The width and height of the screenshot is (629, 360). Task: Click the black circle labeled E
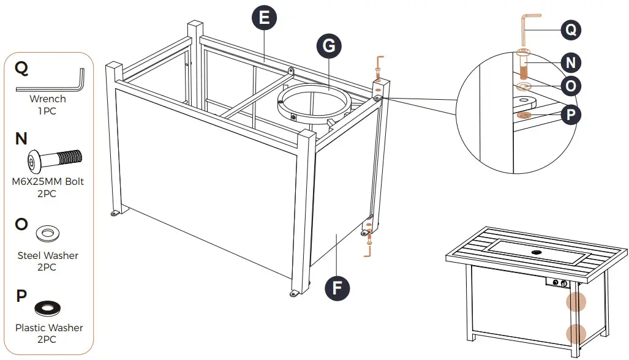coord(264,18)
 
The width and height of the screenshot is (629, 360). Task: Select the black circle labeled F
coord(337,286)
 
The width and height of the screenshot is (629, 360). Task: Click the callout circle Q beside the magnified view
coord(571,29)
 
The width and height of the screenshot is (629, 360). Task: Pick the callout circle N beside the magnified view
coord(571,62)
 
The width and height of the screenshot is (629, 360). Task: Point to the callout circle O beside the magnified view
coord(571,86)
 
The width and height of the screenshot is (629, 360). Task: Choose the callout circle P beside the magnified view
coord(571,114)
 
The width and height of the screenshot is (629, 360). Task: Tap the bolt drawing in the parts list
coord(55,161)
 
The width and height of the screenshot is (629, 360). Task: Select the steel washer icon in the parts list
coord(48,233)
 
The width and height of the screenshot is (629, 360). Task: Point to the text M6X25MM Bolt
coord(48,182)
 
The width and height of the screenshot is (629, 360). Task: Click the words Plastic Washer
coord(49,328)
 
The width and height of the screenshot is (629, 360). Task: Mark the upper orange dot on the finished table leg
coord(576,302)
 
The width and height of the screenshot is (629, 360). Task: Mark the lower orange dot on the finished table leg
coord(576,334)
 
